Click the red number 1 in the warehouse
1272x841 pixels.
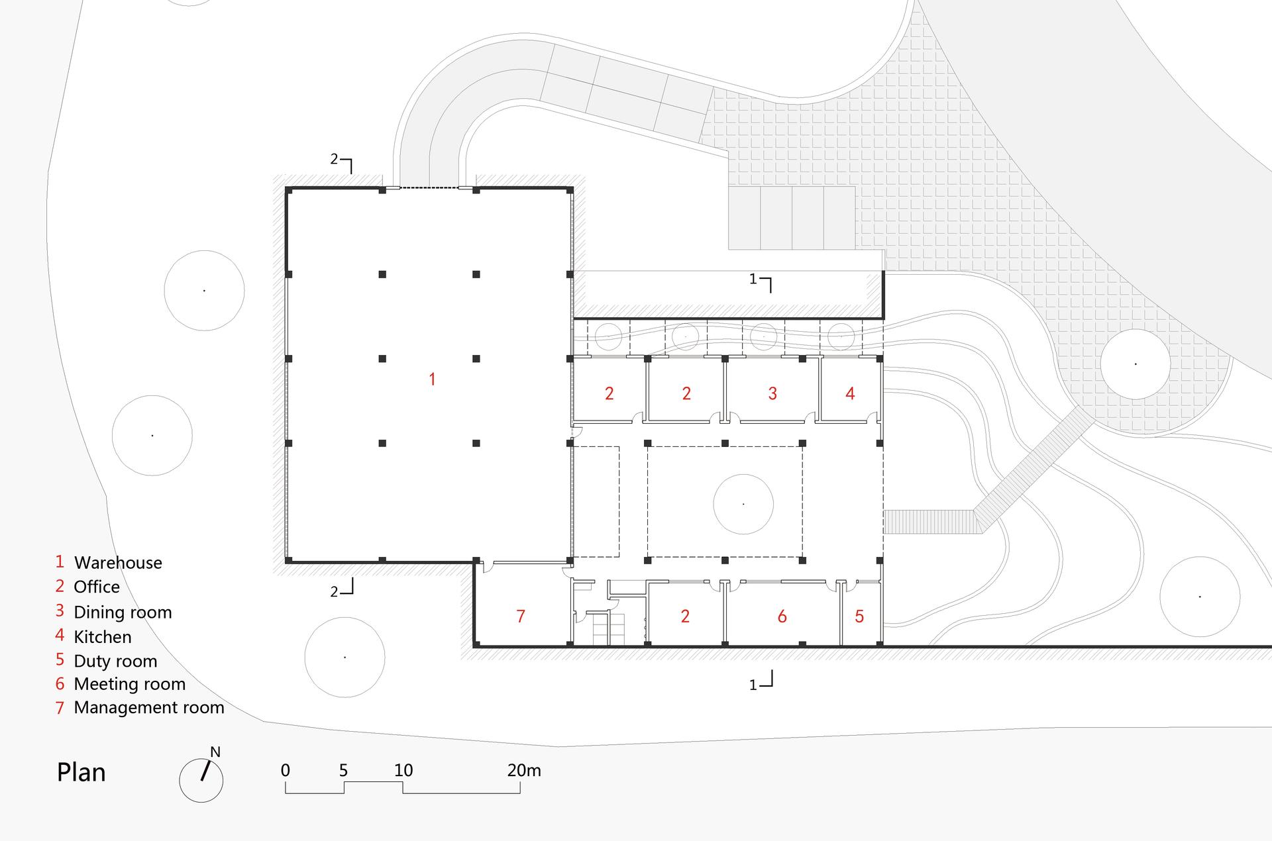pyautogui.click(x=432, y=379)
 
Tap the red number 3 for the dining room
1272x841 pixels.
pyautogui.click(x=772, y=393)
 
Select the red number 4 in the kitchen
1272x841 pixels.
pyautogui.click(x=850, y=393)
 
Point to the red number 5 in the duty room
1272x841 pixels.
pyautogui.click(x=859, y=617)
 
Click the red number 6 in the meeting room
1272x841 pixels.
pyautogui.click(x=782, y=617)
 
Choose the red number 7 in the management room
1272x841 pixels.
pyautogui.click(x=521, y=617)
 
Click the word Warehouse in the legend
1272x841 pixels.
pyautogui.click(x=118, y=563)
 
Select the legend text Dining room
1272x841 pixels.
pyautogui.click(x=123, y=613)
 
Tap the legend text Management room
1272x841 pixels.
pyautogui.click(x=149, y=707)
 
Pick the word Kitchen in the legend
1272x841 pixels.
pyautogui.click(x=103, y=637)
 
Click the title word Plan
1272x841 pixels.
pyautogui.click(x=81, y=772)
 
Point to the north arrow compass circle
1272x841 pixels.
pyautogui.click(x=201, y=780)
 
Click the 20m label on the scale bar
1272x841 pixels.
pyautogui.click(x=524, y=770)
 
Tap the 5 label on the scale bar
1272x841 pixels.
pyautogui.click(x=343, y=770)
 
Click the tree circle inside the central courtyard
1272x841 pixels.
pyautogui.click(x=743, y=504)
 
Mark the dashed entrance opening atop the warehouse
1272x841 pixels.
pyautogui.click(x=429, y=188)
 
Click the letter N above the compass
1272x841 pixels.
pyautogui.click(x=215, y=752)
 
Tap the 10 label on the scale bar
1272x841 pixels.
pyautogui.click(x=403, y=770)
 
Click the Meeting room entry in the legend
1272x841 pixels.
pyautogui.click(x=130, y=684)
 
